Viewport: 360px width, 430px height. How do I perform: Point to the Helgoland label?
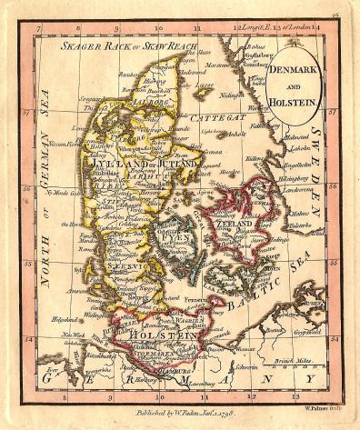tap(64, 319)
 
